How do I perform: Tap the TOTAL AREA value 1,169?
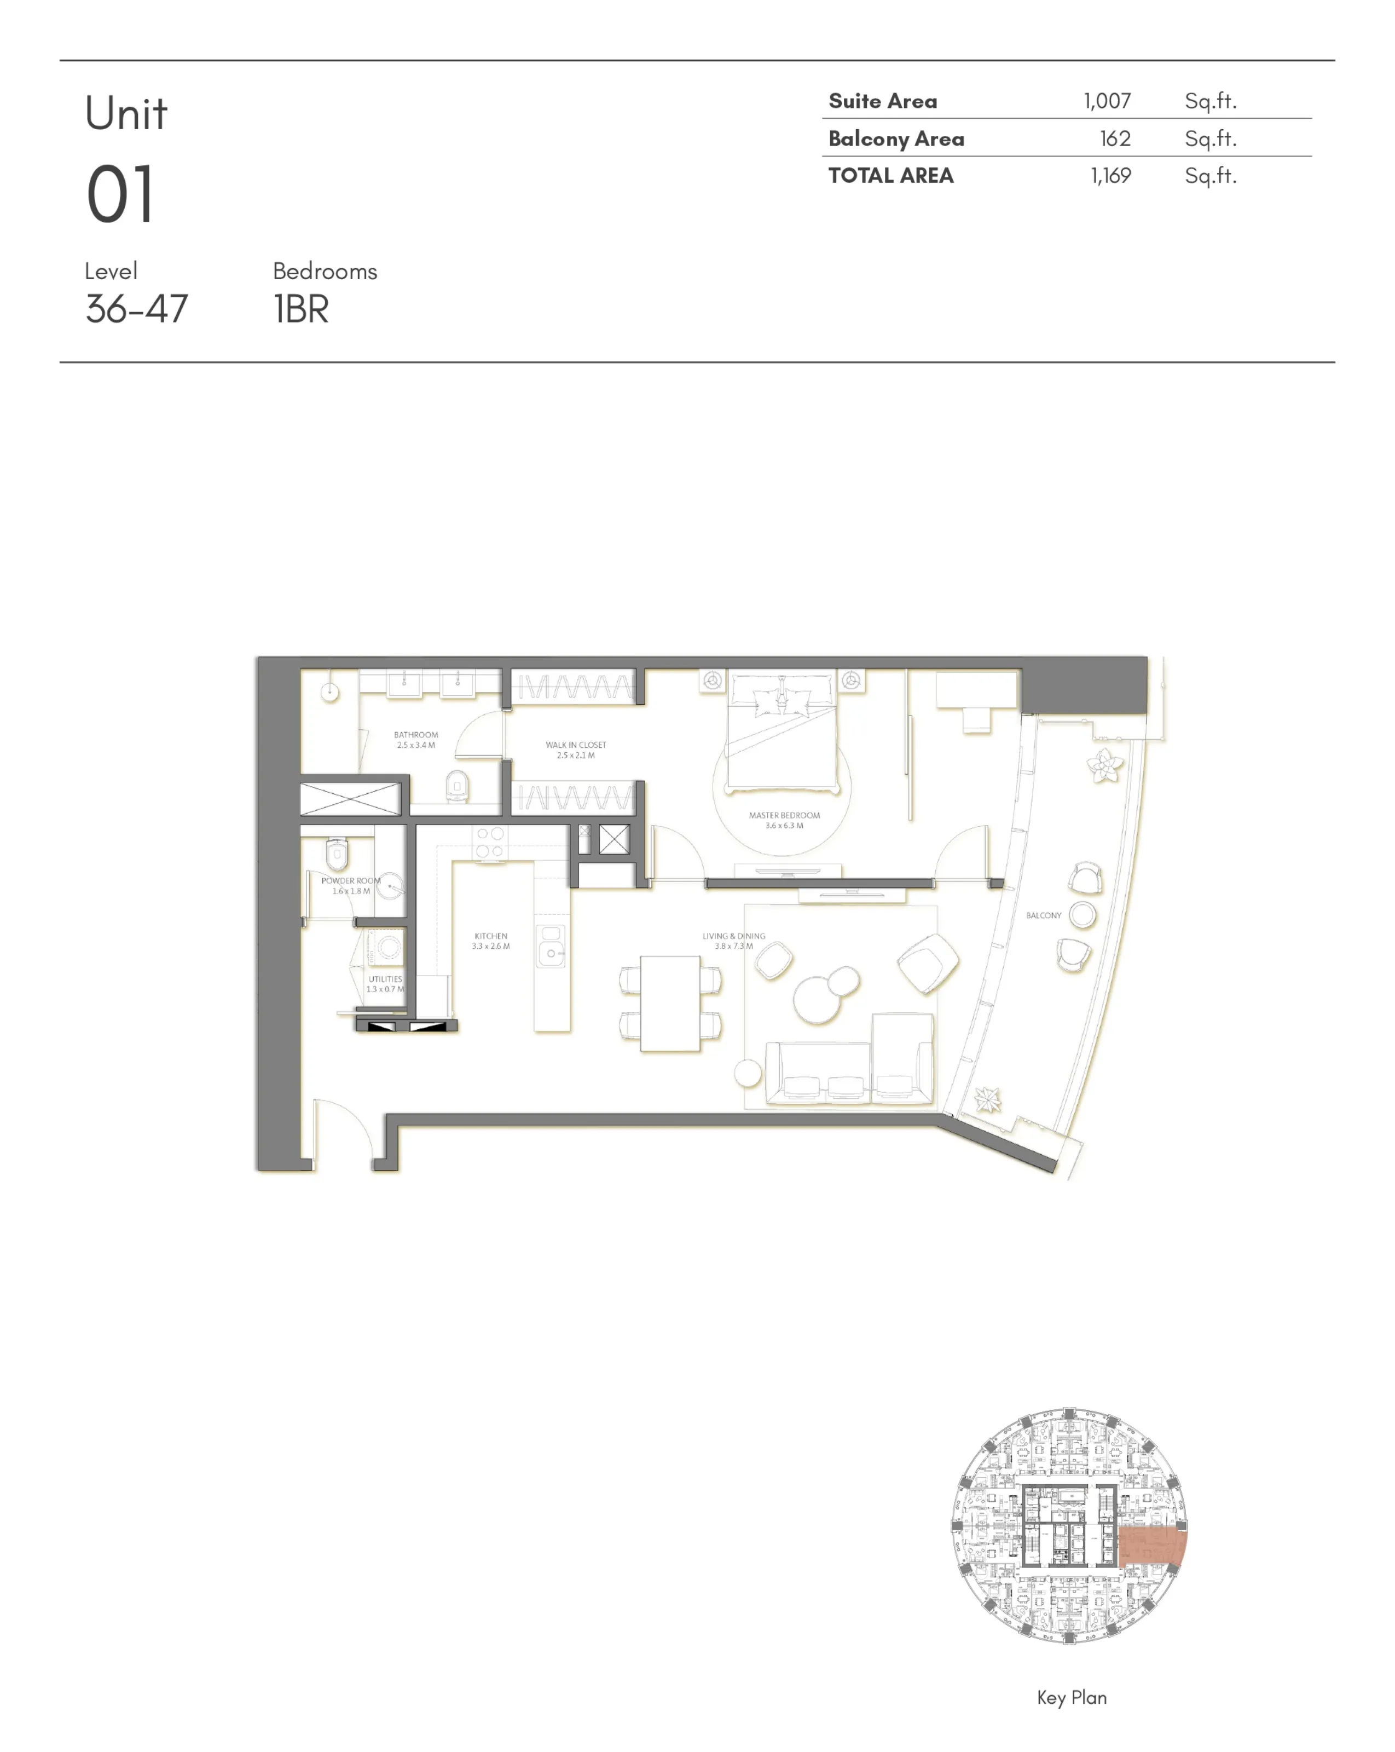[x=1110, y=176]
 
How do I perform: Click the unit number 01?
[x=120, y=195]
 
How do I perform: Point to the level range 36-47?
[x=136, y=309]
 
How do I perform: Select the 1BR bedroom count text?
[x=300, y=309]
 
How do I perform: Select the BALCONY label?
[x=1043, y=915]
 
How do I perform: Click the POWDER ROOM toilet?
[x=337, y=853]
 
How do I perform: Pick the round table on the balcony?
[x=1082, y=914]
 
